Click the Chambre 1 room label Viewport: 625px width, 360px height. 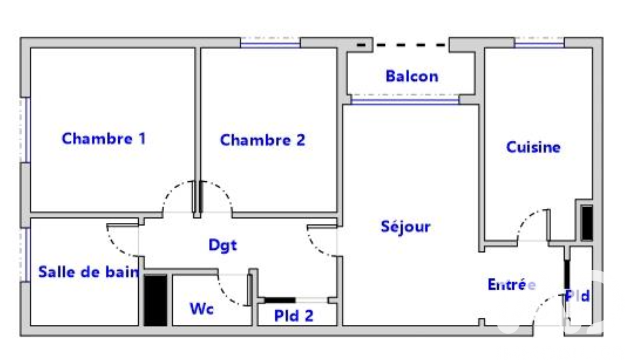tap(104, 139)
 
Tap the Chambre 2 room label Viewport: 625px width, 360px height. tap(263, 140)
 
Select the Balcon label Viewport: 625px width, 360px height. tap(412, 76)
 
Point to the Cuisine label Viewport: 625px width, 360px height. tap(533, 147)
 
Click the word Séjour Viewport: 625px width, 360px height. tap(406, 226)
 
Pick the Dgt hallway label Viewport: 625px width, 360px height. tap(222, 245)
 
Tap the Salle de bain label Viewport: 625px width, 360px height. tap(89, 272)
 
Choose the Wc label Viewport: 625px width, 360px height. tap(202, 309)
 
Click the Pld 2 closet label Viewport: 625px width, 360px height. tap(294, 316)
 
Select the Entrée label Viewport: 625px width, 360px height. tap(512, 285)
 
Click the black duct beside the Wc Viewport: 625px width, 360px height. tap(156, 300)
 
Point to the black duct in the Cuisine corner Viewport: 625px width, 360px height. tap(587, 223)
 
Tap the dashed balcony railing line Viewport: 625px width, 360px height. tap(402, 45)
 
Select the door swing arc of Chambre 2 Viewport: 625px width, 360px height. tap(223, 189)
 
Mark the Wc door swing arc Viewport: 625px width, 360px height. tap(226, 296)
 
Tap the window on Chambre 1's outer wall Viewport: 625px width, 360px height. tap(27, 130)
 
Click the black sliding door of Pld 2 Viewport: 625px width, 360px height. tap(280, 300)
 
